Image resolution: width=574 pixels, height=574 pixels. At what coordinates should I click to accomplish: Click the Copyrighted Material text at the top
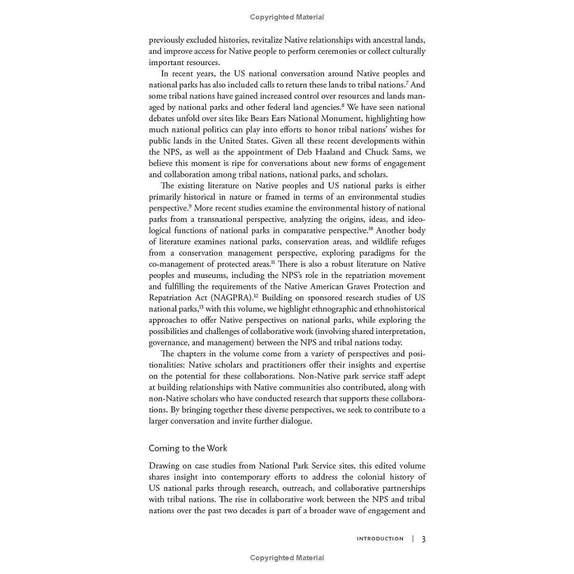[287, 17]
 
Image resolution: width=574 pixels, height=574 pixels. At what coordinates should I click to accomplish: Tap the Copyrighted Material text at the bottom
[287, 558]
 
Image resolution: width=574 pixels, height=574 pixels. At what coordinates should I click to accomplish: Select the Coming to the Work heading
[188, 448]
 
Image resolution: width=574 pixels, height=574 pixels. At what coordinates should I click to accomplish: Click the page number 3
[423, 539]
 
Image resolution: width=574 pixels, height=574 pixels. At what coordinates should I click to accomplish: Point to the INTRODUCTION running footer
[380, 539]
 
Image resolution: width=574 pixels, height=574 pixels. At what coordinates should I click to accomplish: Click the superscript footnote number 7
[407, 83]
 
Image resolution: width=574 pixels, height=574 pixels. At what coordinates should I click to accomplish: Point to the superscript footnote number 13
[201, 307]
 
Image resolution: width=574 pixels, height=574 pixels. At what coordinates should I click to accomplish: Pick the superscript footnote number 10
[371, 229]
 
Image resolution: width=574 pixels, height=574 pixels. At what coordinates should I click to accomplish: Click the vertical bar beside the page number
[413, 539]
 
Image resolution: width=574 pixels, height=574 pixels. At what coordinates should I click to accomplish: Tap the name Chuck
[377, 152]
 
